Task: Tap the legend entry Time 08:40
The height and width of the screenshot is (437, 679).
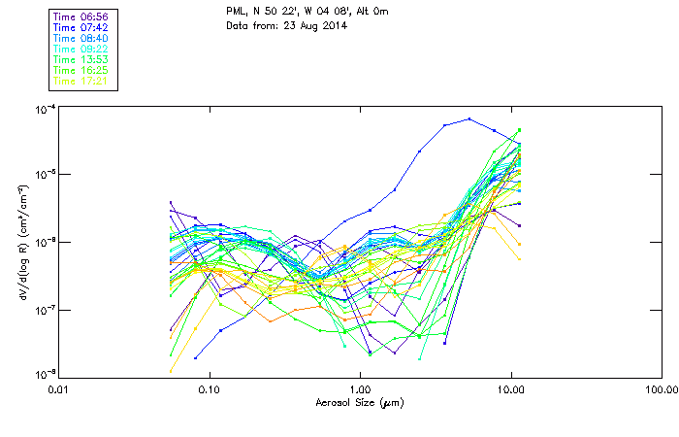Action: pyautogui.click(x=81, y=38)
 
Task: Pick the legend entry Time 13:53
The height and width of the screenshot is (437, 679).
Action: pyautogui.click(x=81, y=59)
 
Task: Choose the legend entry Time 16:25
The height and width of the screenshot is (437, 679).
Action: pyautogui.click(x=81, y=70)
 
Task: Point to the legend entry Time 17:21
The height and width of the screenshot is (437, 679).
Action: pyautogui.click(x=81, y=81)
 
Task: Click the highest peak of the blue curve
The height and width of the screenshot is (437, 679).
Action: pyautogui.click(x=469, y=119)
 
